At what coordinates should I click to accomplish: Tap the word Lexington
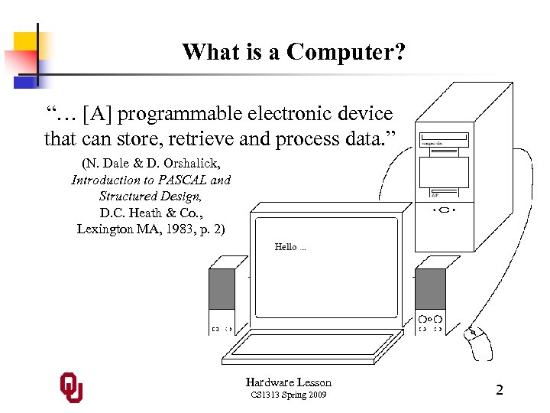105,229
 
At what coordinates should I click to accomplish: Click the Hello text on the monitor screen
286,246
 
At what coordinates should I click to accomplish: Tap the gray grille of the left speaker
222,289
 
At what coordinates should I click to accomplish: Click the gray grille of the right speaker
429,289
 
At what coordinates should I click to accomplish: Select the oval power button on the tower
444,210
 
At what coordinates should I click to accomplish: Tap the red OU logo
72,388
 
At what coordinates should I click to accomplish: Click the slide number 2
500,390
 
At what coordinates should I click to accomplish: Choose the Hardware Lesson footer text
289,382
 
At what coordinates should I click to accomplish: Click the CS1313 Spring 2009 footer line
289,395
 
